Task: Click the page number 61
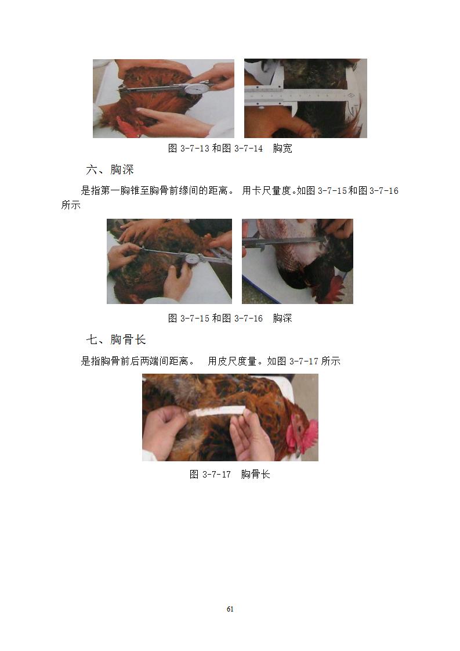230,609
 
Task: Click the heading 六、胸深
110,169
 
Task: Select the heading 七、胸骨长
116,339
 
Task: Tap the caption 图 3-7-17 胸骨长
230,474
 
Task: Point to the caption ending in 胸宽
230,148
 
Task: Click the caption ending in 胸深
230,319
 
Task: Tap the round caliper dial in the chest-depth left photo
192,259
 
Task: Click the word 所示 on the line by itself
71,205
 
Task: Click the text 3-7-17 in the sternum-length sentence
303,361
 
